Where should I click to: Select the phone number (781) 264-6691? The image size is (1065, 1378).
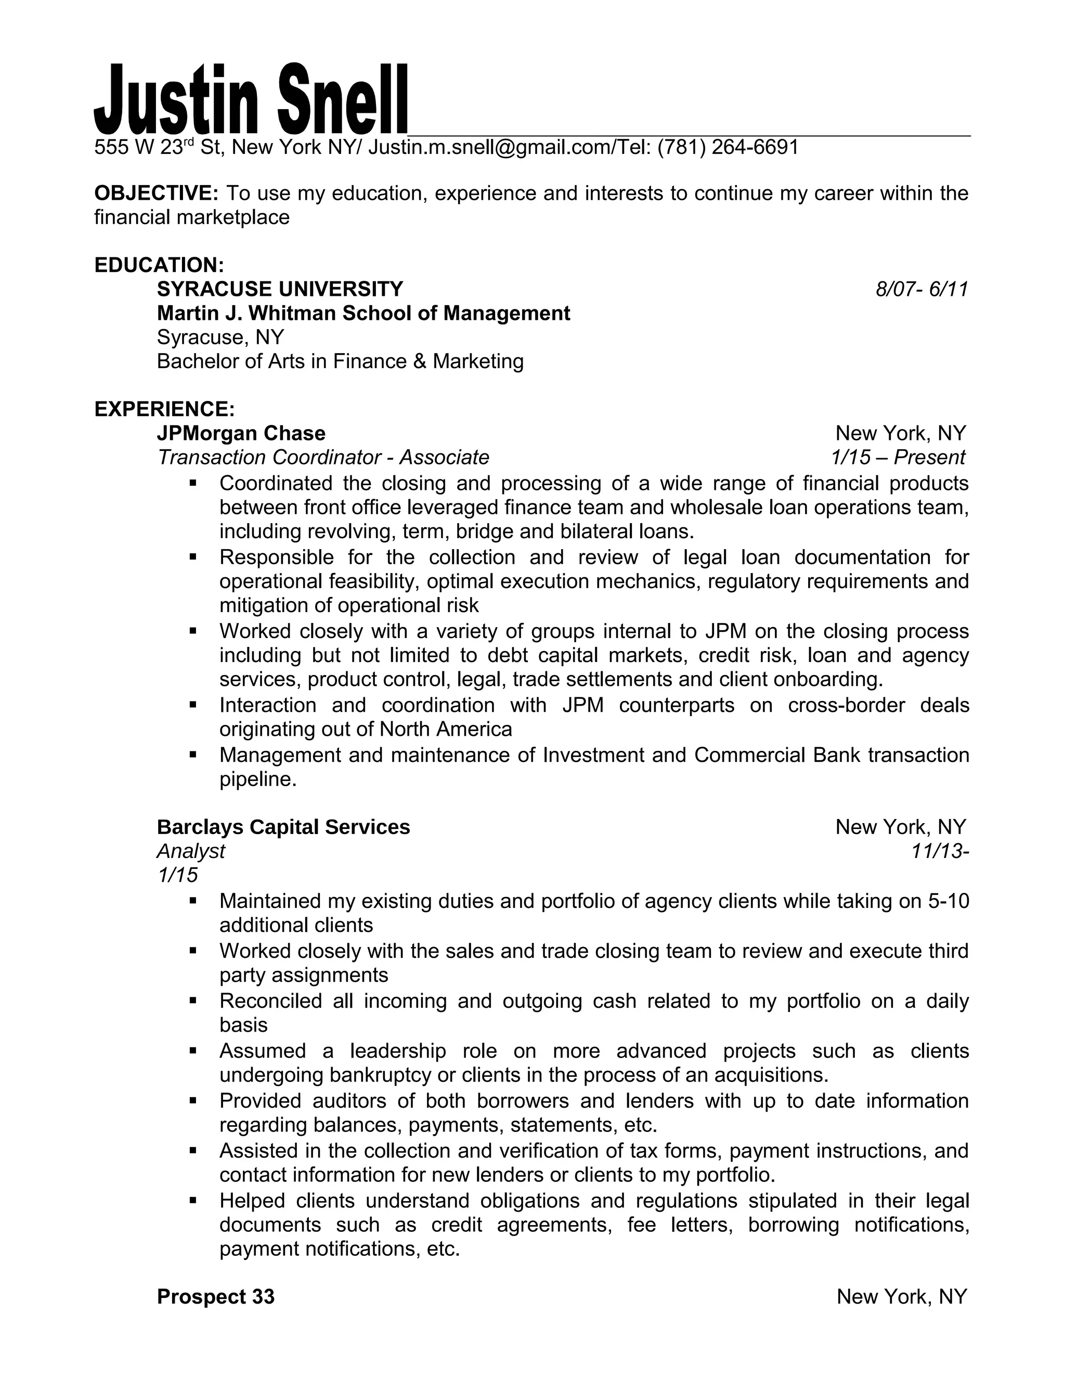click(x=728, y=147)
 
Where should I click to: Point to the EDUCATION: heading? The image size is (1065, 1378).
click(x=159, y=265)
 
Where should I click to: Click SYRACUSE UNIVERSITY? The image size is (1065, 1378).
click(x=279, y=289)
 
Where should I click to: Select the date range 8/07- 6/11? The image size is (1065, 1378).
click(x=921, y=290)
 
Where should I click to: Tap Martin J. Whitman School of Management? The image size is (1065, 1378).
click(x=363, y=313)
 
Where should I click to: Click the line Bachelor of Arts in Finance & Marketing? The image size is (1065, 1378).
click(x=340, y=361)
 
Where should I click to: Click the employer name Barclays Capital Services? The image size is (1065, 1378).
click(x=283, y=827)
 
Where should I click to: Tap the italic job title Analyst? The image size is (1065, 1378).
click(x=190, y=851)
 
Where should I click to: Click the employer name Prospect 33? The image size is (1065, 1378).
click(x=216, y=1296)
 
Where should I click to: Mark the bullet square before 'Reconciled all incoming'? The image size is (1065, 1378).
click(x=193, y=1000)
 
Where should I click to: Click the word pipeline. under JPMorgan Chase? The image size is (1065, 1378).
click(x=258, y=780)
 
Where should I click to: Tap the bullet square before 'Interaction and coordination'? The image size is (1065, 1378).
click(x=193, y=705)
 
